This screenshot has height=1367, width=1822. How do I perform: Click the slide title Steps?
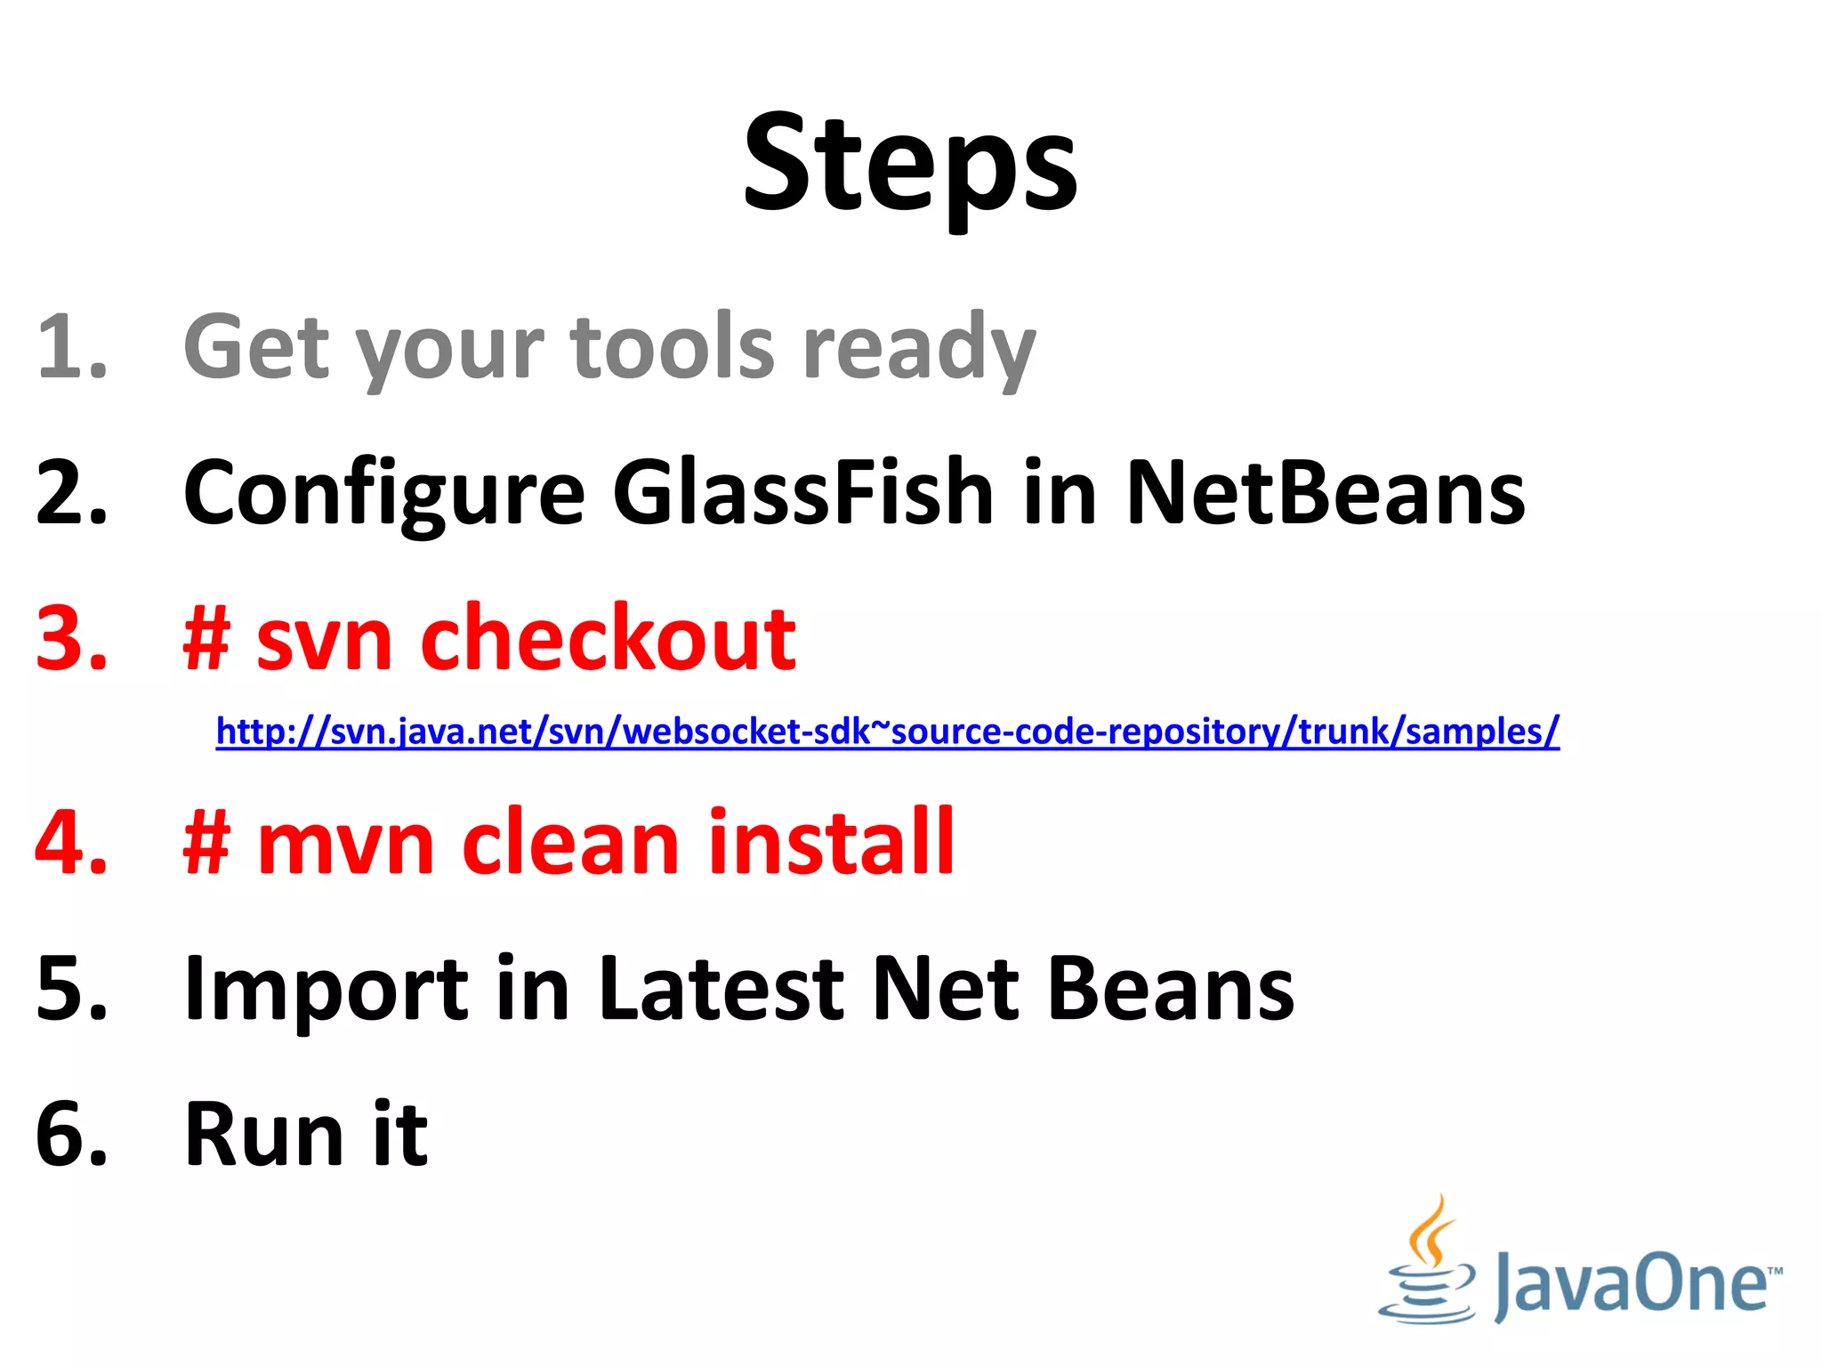point(910,165)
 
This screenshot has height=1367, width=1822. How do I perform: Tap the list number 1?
point(71,347)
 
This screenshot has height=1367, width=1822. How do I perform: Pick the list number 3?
point(71,639)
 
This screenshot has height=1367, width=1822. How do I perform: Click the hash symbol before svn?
point(207,639)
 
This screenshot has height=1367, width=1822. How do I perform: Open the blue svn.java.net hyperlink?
point(887,732)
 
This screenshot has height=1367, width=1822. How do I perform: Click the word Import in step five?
point(326,990)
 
